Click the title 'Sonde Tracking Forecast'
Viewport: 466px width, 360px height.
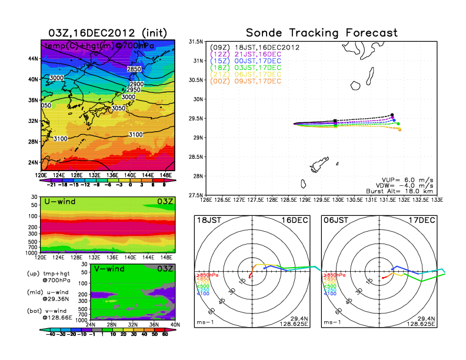[x=321, y=32]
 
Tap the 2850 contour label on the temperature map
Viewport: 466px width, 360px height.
[x=134, y=69]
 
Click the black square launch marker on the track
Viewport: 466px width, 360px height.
[x=335, y=121]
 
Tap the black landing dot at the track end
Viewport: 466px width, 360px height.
[x=392, y=115]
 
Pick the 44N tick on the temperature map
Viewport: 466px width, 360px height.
[x=33, y=59]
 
